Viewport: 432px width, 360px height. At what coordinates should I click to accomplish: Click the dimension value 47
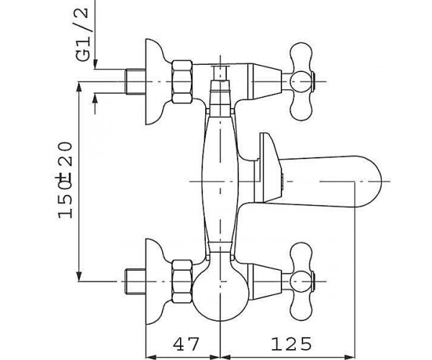(x=186, y=343)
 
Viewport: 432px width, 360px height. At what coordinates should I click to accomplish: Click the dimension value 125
(x=291, y=343)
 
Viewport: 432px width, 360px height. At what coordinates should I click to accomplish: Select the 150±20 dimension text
(x=66, y=180)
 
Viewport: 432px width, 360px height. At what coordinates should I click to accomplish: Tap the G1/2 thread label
(x=82, y=35)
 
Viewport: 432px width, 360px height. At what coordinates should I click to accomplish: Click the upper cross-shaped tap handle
(x=302, y=82)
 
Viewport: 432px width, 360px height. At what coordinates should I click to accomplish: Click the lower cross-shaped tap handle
(x=302, y=282)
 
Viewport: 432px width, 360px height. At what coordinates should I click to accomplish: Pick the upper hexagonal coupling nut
(x=182, y=82)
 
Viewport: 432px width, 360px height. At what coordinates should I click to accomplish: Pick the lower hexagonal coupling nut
(x=182, y=282)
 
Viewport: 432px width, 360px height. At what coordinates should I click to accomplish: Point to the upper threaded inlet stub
(x=135, y=82)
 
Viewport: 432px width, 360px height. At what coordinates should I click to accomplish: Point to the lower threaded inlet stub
(x=135, y=282)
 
